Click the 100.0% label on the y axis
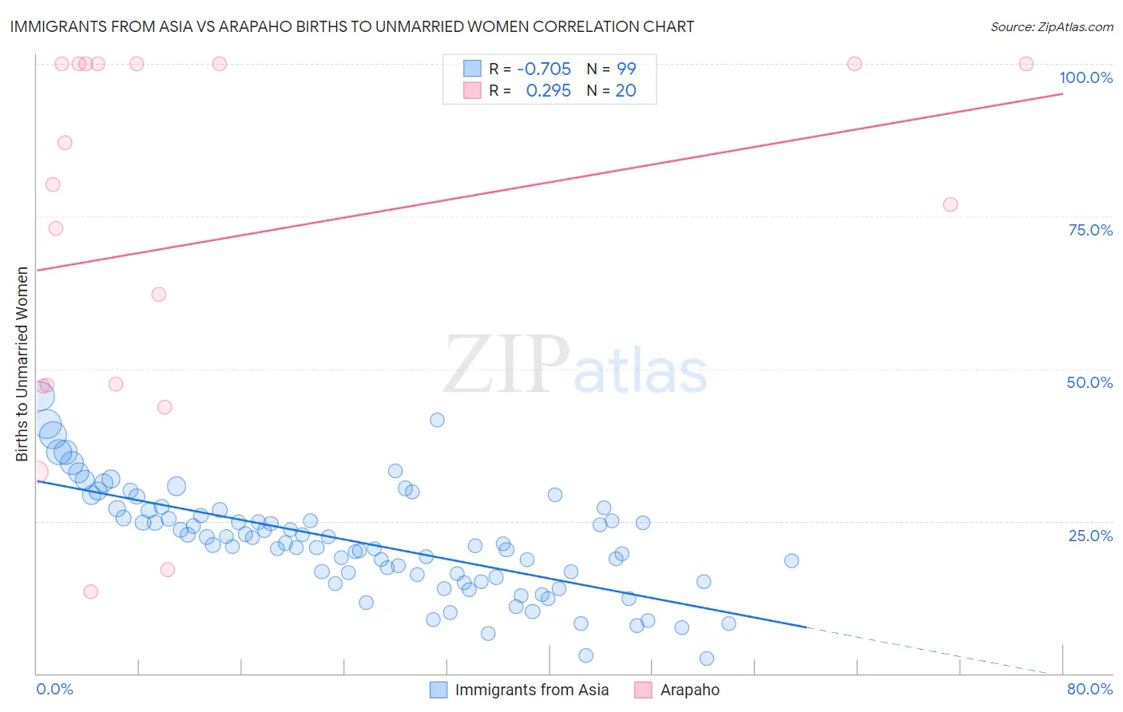pos(1085,77)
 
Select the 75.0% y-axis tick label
pos(1090,230)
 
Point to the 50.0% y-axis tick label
pos(1089,382)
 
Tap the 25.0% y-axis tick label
pos(1090,535)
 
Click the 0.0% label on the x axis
pos(54,689)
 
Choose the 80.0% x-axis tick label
pos(1089,689)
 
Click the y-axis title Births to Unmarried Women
pos(22,364)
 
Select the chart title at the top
pos(352,26)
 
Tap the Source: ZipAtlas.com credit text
pos(1051,26)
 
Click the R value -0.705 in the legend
pos(543,69)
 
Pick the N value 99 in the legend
pos(626,69)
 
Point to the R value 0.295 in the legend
pos(548,90)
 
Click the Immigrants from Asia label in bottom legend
pos(531,690)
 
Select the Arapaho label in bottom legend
pos(689,690)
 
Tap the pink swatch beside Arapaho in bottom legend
pos(643,690)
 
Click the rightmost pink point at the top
pos(1026,64)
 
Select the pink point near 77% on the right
pos(950,204)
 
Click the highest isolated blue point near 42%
pos(437,420)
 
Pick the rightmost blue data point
pos(792,560)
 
